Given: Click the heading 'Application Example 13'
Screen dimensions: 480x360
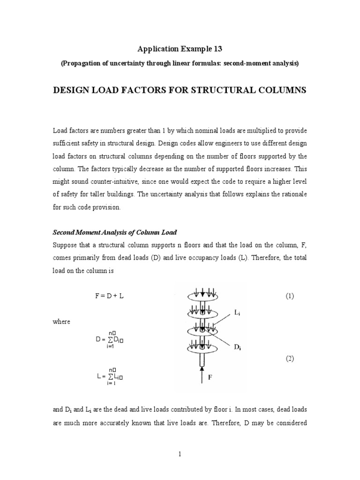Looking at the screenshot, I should [180, 49].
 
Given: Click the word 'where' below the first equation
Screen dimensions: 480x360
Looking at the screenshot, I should [61, 322].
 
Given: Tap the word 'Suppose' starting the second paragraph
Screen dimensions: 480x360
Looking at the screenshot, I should [65, 245].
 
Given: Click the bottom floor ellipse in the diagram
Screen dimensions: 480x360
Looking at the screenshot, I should [202, 348].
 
